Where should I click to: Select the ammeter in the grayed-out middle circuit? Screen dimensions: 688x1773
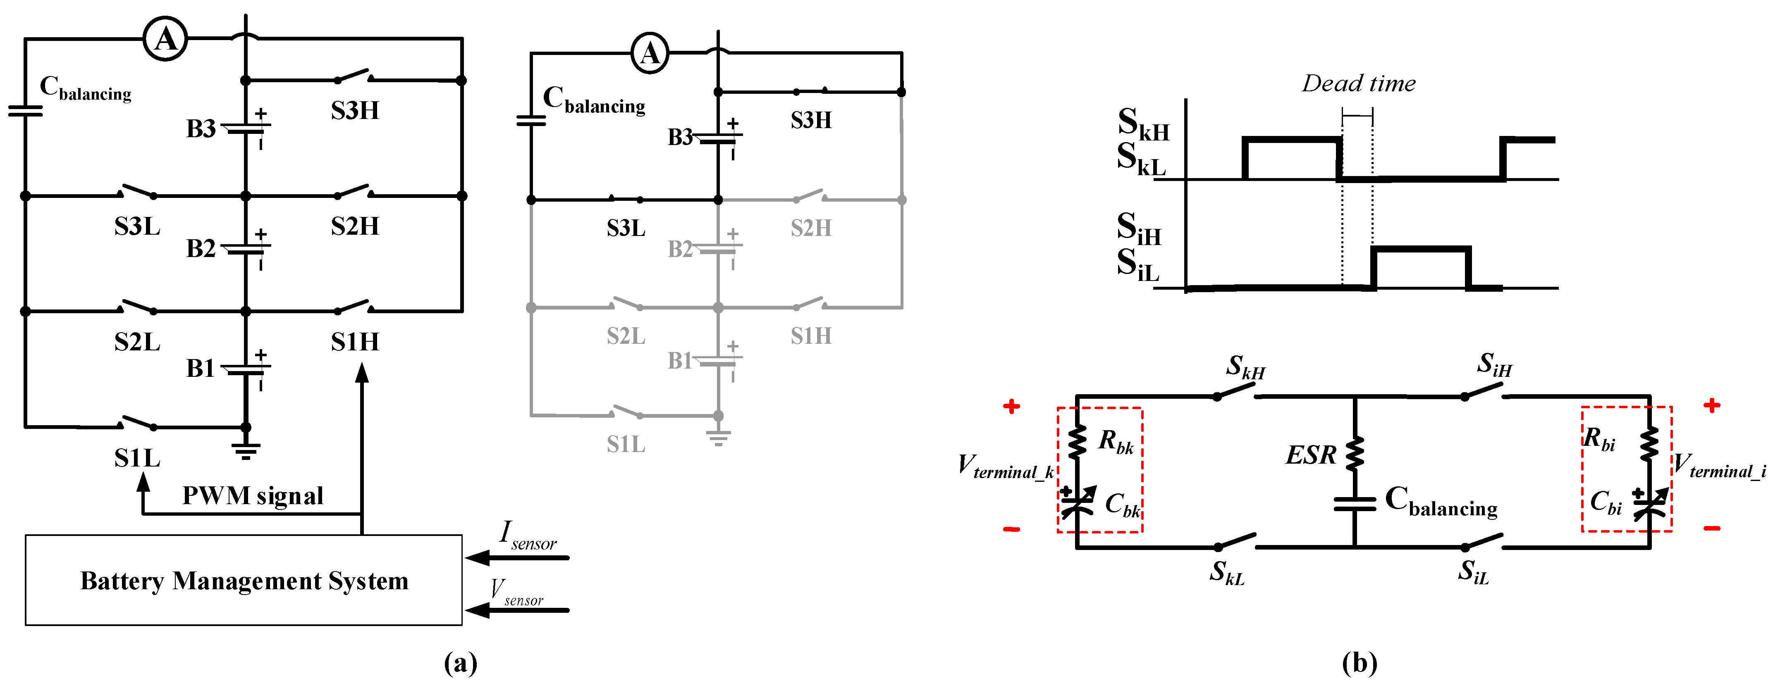650,53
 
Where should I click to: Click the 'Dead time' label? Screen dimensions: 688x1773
1359,83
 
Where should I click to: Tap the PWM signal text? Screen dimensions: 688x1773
253,495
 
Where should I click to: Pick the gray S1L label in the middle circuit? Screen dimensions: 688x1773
626,445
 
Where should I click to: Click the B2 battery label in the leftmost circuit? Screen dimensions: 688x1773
201,248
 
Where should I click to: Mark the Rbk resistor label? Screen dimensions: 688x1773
1116,440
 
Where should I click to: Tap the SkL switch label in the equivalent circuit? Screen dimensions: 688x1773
1226,572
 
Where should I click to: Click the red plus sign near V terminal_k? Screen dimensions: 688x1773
1011,407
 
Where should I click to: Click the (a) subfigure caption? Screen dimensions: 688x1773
461,663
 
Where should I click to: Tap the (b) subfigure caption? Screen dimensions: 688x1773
1360,663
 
